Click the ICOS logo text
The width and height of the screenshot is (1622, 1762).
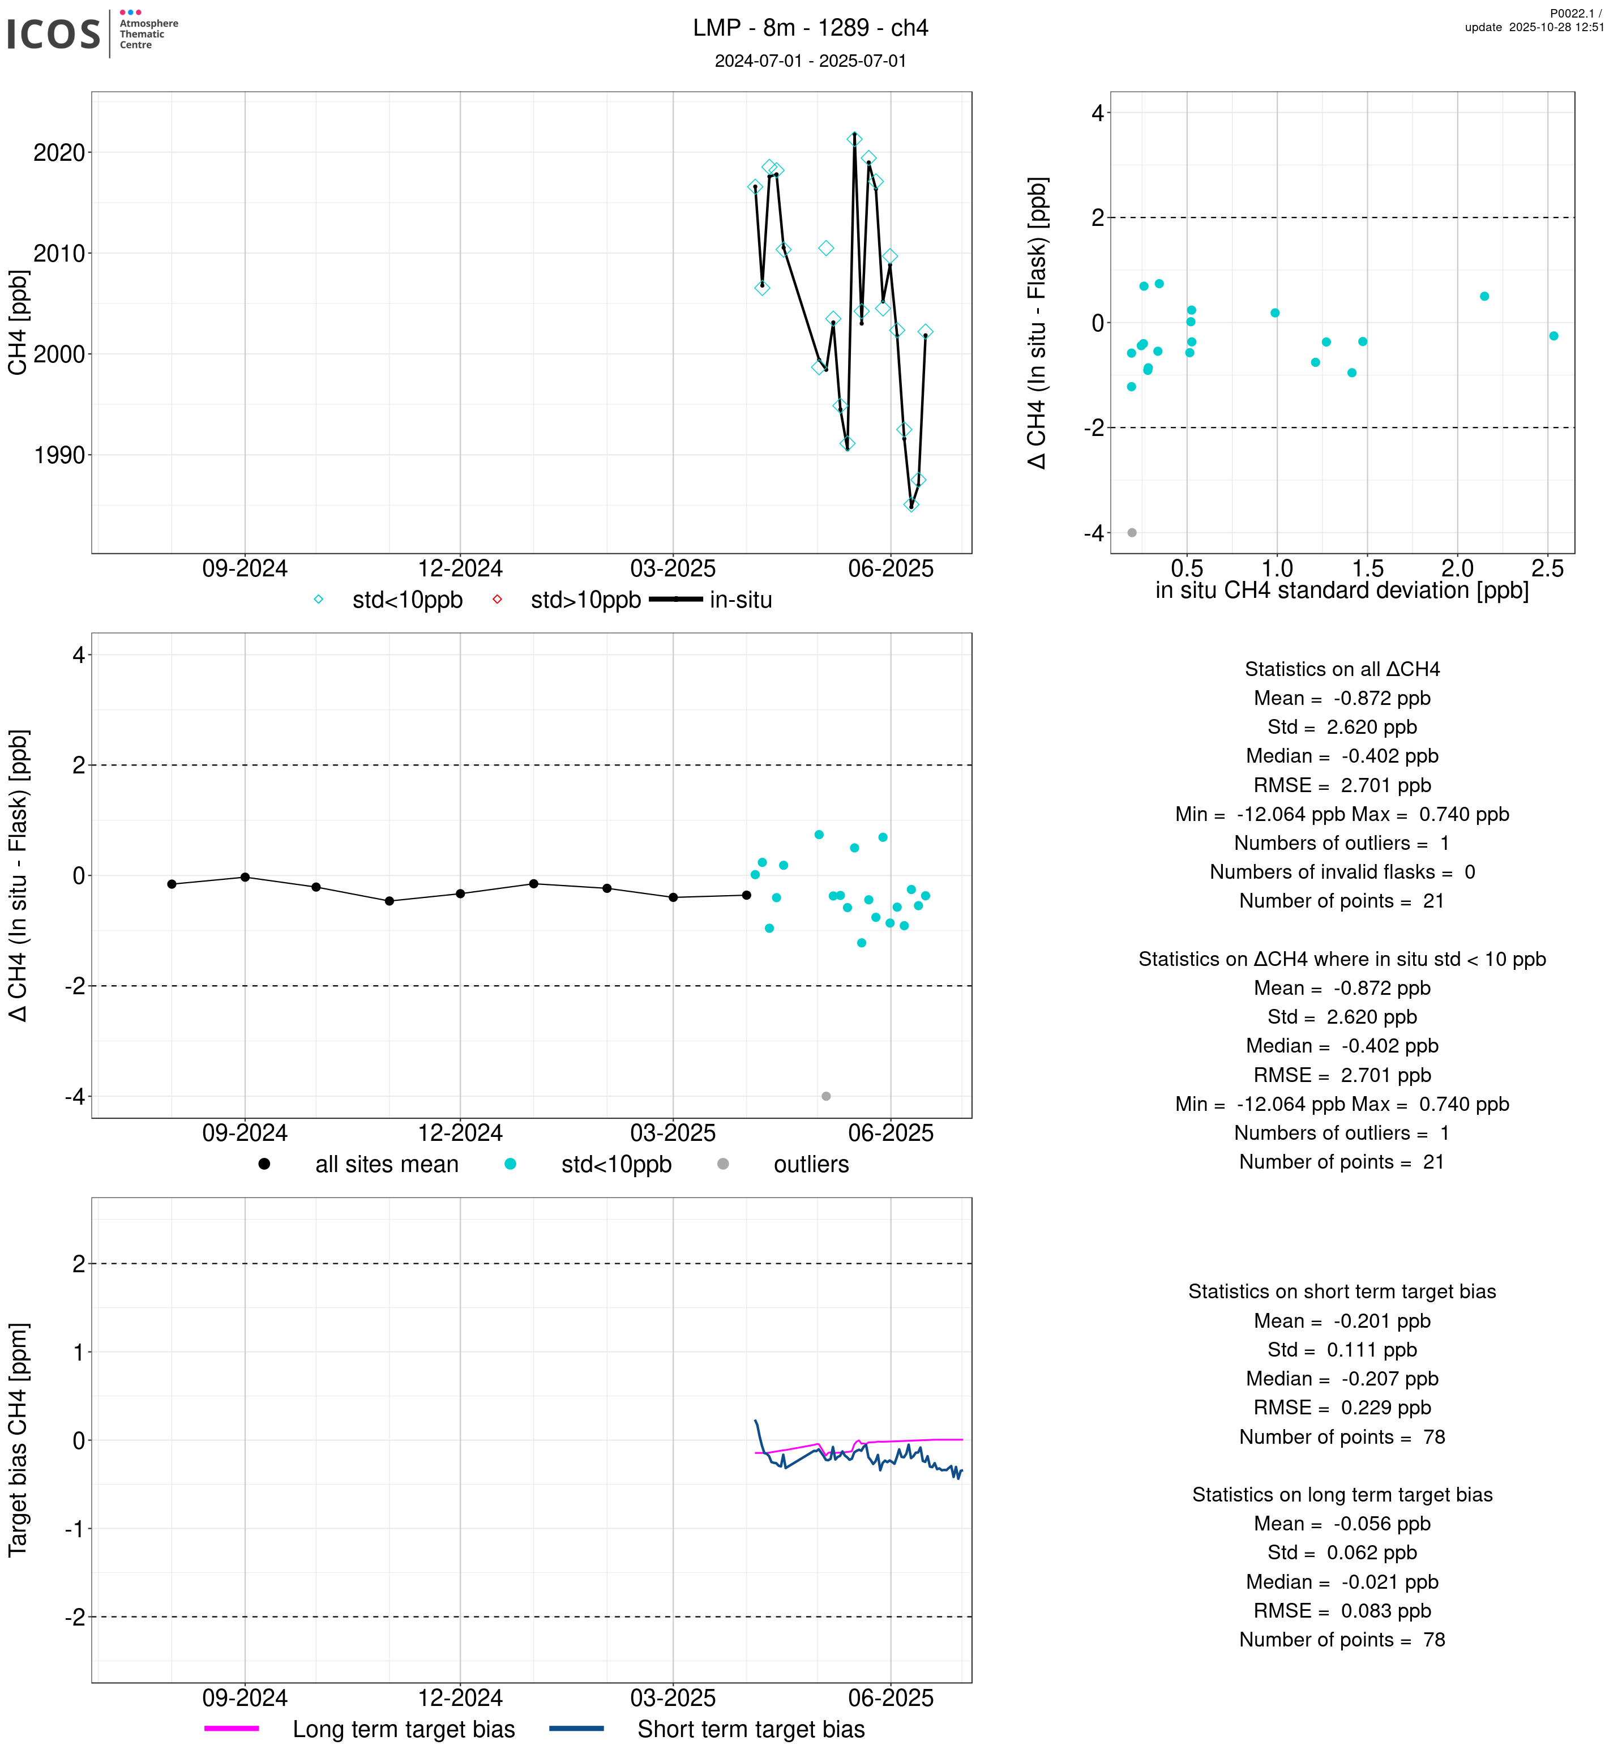pyautogui.click(x=54, y=34)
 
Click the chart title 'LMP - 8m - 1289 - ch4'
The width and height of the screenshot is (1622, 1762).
pyautogui.click(x=810, y=28)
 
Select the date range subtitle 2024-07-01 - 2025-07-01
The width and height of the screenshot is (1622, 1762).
pyautogui.click(x=810, y=61)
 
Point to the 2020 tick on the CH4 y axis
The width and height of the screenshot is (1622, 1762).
pyautogui.click(x=59, y=153)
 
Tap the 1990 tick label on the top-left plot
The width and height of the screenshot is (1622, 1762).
pyautogui.click(x=59, y=456)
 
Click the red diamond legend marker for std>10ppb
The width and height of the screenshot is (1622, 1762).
pyautogui.click(x=498, y=600)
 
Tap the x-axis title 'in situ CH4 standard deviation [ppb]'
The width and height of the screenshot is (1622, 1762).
pyautogui.click(x=1341, y=591)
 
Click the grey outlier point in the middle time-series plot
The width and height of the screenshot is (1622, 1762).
pyautogui.click(x=826, y=1097)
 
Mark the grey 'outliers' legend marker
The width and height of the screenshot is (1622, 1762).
pyautogui.click(x=723, y=1164)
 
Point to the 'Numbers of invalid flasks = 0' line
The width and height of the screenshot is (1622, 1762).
pyautogui.click(x=1342, y=872)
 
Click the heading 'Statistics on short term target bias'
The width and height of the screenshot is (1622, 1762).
pyautogui.click(x=1342, y=1291)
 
